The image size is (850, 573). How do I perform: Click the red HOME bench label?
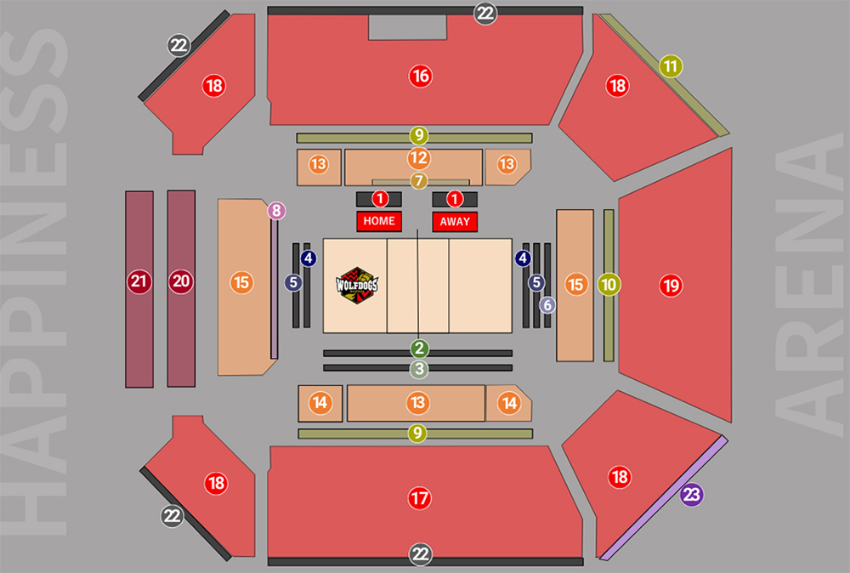pyautogui.click(x=379, y=221)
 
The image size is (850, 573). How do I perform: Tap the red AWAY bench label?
pyautogui.click(x=455, y=221)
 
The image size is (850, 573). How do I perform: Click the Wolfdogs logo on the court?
pyautogui.click(x=357, y=286)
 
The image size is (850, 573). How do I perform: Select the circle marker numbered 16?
pyautogui.click(x=420, y=76)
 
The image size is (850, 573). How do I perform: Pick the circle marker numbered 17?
pyautogui.click(x=419, y=498)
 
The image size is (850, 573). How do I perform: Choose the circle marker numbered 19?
pyautogui.click(x=671, y=286)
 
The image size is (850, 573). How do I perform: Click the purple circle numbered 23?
pyautogui.click(x=692, y=495)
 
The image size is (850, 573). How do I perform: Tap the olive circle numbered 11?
pyautogui.click(x=671, y=65)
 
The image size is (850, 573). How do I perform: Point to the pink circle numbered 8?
pyautogui.click(x=276, y=210)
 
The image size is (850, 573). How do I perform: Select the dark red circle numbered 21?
pyautogui.click(x=139, y=281)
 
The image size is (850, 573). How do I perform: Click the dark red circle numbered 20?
pyautogui.click(x=180, y=281)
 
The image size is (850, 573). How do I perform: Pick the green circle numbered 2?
pyautogui.click(x=419, y=348)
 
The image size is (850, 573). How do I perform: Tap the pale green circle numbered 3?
pyautogui.click(x=419, y=370)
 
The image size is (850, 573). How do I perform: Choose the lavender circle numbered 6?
pyautogui.click(x=547, y=304)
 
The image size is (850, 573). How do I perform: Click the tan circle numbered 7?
pyautogui.click(x=418, y=180)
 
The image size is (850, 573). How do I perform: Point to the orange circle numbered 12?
pyautogui.click(x=418, y=157)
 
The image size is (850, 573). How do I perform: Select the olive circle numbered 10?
pyautogui.click(x=609, y=285)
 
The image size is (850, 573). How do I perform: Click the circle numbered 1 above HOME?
pyautogui.click(x=380, y=199)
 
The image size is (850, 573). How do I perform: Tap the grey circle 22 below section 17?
pyautogui.click(x=421, y=555)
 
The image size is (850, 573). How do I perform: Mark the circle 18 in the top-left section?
pyautogui.click(x=213, y=85)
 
